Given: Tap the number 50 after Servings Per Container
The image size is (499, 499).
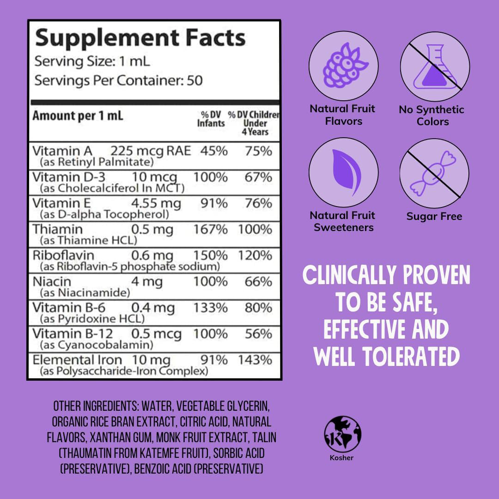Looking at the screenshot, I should (x=195, y=80).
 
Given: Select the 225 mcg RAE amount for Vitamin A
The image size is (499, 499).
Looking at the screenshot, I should (x=150, y=151).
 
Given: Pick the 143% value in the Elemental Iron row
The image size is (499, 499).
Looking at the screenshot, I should (x=255, y=360).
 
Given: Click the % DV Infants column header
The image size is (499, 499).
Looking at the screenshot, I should (x=211, y=119).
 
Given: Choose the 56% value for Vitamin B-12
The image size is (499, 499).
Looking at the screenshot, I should (x=258, y=334).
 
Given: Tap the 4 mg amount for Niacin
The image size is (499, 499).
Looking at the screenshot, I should (x=147, y=281).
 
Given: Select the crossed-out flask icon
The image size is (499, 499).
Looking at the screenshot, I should (x=434, y=68).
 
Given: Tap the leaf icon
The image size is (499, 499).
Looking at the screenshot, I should (x=343, y=172).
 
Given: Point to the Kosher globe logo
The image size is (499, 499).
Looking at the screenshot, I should (x=343, y=434).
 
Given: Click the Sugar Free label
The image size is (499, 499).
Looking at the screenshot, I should (x=434, y=216).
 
